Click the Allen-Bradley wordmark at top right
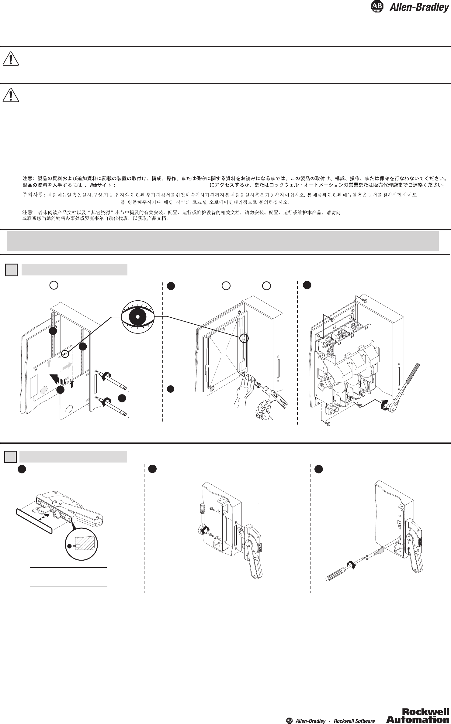coord(419,7)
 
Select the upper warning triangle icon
coord(11,59)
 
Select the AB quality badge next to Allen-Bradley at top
coord(377,7)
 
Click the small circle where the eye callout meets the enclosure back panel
coord(244,338)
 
